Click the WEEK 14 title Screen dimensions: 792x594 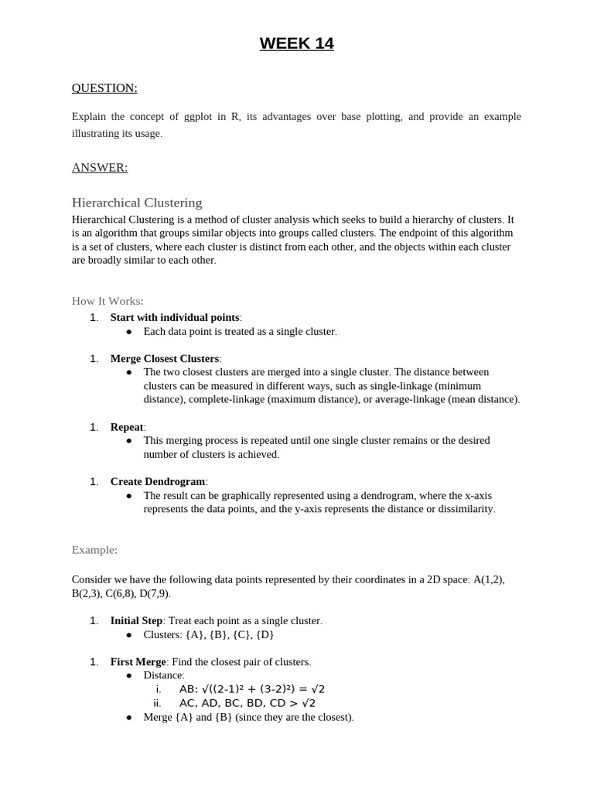(297, 44)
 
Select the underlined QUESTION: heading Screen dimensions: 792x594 (104, 88)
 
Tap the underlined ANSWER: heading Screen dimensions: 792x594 (100, 168)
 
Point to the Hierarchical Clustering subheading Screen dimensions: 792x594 (137, 203)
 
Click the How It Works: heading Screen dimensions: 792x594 (108, 301)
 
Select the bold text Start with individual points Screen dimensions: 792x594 (175, 317)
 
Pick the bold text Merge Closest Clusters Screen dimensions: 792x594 (165, 358)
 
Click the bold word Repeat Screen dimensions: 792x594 (127, 427)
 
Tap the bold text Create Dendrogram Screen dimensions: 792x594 (158, 481)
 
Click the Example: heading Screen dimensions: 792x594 (94, 550)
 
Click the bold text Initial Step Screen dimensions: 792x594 (136, 620)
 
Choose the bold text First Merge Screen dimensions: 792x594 (138, 662)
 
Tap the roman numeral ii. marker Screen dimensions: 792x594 (158, 703)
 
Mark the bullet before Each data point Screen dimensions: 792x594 (129, 332)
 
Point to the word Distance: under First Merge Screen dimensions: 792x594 (164, 675)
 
